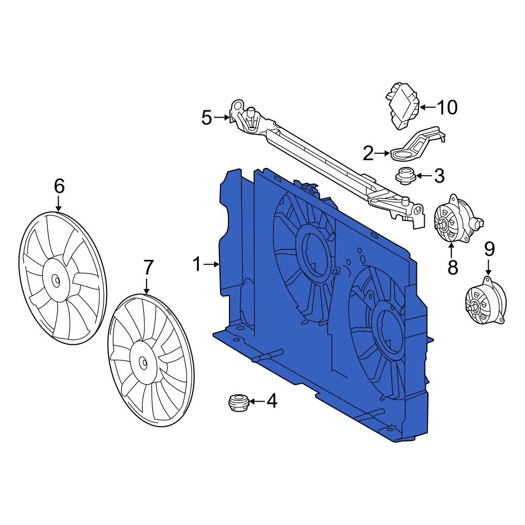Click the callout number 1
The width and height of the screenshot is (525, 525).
pos(197,265)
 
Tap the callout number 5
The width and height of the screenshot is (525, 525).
pos(207,118)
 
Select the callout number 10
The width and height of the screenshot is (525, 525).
pos(447,108)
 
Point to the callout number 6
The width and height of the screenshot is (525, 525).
pos(59,185)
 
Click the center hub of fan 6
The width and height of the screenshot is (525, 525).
pos(56,280)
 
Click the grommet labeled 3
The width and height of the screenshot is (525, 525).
pos(405,175)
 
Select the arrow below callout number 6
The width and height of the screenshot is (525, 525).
pos(59,204)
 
